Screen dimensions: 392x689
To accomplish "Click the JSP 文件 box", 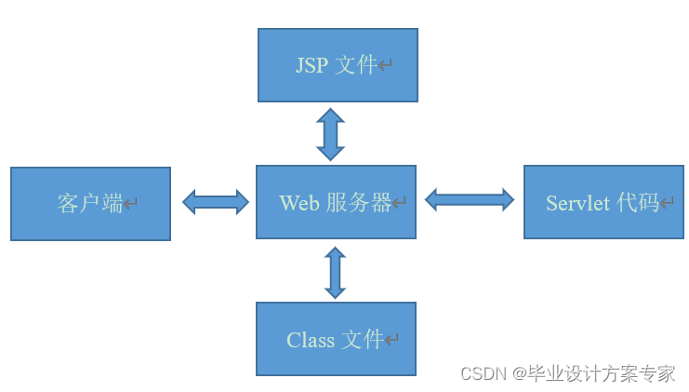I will pyautogui.click(x=338, y=64).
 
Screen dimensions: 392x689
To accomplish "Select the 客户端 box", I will pyautogui.click(x=90, y=204).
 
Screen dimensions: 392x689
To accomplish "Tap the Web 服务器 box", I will pyautogui.click(x=336, y=202).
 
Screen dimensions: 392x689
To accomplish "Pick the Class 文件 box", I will pyautogui.click(x=336, y=339).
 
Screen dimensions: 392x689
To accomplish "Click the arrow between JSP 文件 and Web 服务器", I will pyautogui.click(x=330, y=134).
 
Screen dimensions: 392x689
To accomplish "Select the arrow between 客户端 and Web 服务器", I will pyautogui.click(x=216, y=201).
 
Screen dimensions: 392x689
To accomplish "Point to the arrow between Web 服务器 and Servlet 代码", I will pyautogui.click(x=470, y=199).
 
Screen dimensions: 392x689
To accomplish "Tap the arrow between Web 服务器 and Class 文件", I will pyautogui.click(x=335, y=272).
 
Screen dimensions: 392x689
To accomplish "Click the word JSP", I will pyautogui.click(x=311, y=65).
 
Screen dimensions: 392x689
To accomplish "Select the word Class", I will pyautogui.click(x=311, y=341).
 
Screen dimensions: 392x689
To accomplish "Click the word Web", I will pyautogui.click(x=299, y=203).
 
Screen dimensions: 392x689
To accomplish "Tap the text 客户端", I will pyautogui.click(x=89, y=204).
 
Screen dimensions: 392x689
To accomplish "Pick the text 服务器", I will pyautogui.click(x=358, y=203).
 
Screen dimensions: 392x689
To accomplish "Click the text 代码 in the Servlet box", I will pyautogui.click(x=637, y=204).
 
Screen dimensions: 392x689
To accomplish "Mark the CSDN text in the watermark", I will pyautogui.click(x=482, y=374).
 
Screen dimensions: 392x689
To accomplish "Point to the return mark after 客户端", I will pyautogui.click(x=131, y=205).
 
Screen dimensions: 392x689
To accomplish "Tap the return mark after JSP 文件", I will pyautogui.click(x=385, y=65).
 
